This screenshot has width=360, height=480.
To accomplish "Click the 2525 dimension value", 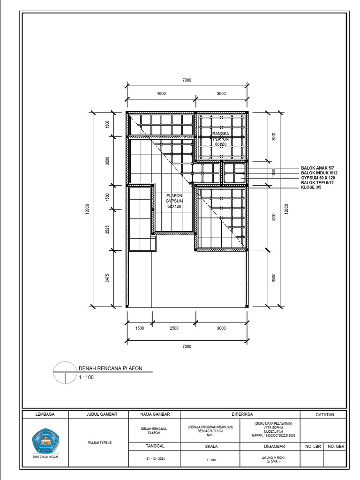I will pos(107,230).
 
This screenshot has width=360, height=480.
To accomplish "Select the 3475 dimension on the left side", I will pos(107,278).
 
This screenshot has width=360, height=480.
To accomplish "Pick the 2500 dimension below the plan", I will pos(174,329).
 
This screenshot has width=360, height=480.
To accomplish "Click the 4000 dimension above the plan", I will pos(161,94).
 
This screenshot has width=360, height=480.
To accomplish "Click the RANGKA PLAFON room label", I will pos(220,139).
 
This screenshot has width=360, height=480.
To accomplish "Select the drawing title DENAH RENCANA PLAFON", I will pos(110,368).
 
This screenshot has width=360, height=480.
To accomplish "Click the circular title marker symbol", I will pos(64,373).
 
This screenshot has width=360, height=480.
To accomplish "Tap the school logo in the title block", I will pos(45,440).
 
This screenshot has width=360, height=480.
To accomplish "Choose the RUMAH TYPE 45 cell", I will pos(100,442).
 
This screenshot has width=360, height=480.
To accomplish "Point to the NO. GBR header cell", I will pos(336,447).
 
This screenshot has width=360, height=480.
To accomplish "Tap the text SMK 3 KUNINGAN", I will pos(45,457).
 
